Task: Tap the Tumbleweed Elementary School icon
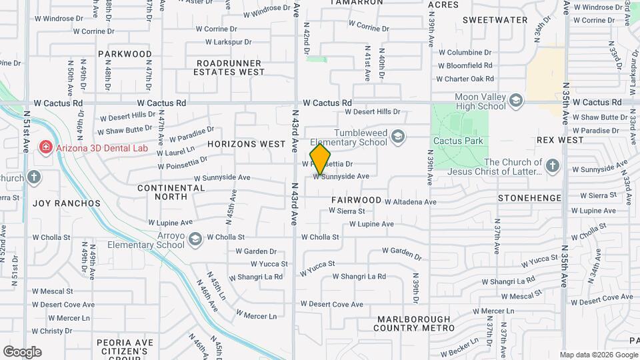coord(398,137)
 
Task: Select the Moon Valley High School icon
coord(515,101)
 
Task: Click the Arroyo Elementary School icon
coord(195,239)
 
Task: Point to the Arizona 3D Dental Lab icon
coord(46,147)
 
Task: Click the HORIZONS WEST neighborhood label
coord(246,144)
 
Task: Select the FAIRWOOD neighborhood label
coord(356,200)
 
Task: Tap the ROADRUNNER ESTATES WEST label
coord(230,67)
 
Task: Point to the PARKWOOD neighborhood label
coord(125,54)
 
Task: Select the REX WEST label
coord(560,141)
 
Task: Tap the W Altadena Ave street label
coord(410,202)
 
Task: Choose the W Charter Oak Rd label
coord(464,79)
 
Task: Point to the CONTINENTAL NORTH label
coord(171,192)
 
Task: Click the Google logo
coord(22,352)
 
